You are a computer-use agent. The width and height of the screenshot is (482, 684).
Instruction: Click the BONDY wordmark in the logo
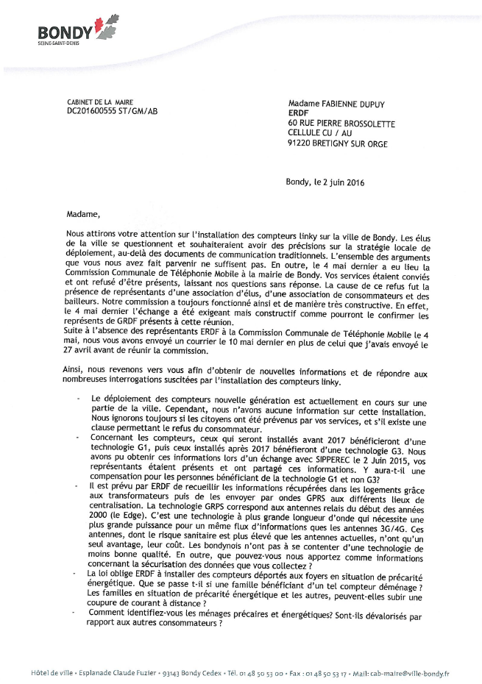point(65,32)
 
